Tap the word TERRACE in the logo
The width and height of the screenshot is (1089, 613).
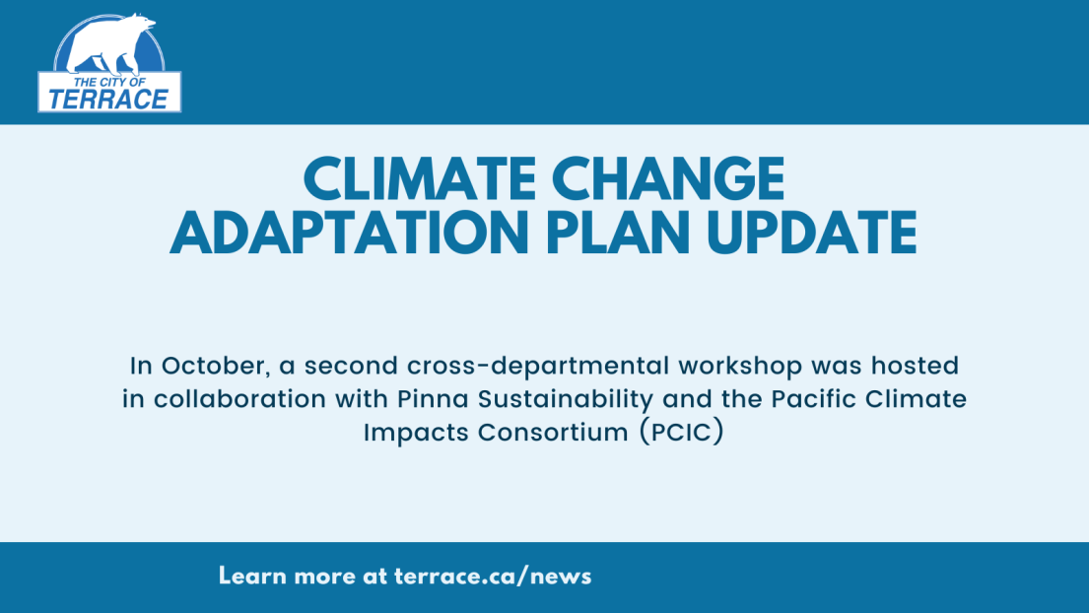click(x=109, y=100)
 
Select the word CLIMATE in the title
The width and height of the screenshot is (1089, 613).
click(x=419, y=179)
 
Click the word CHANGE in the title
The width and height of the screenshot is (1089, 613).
click(x=668, y=179)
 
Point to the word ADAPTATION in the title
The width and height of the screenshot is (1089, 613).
click(x=350, y=233)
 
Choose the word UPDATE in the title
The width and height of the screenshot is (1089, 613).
click(x=812, y=233)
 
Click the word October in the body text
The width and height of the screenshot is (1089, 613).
click(x=214, y=366)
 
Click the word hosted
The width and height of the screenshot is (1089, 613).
click(x=916, y=366)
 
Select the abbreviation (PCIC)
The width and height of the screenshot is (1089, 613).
click(x=681, y=432)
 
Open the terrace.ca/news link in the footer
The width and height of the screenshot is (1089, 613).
click(x=493, y=577)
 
